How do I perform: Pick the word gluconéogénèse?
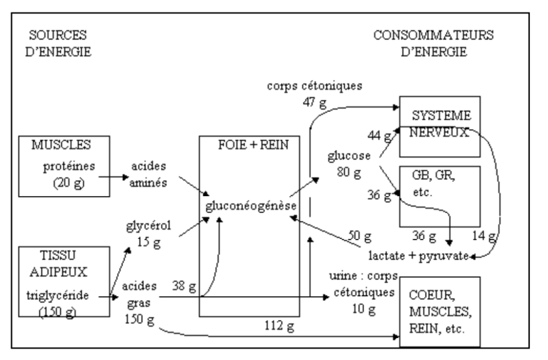pyautogui.click(x=249, y=206)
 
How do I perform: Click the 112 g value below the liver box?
pyautogui.click(x=278, y=324)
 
